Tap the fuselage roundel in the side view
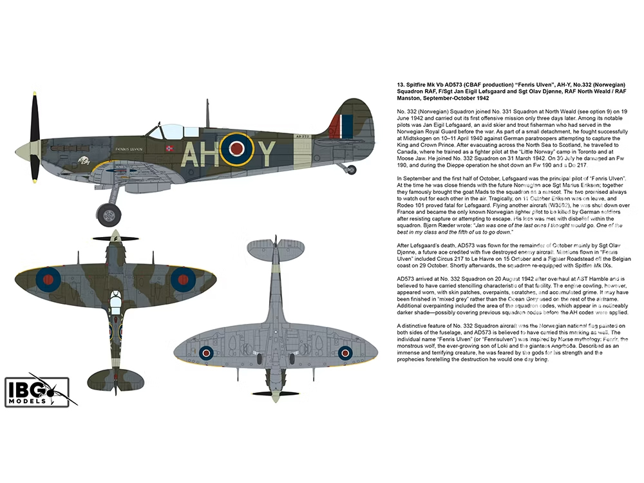[236, 149]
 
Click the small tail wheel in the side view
[350, 170]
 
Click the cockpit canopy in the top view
[115, 299]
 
